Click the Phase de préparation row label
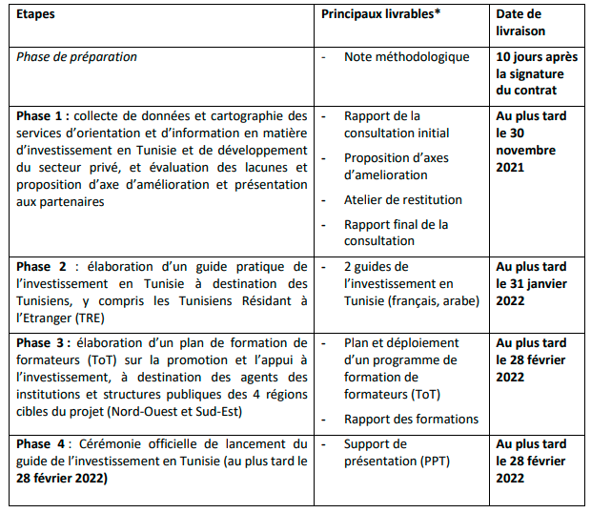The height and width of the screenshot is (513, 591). (x=76, y=57)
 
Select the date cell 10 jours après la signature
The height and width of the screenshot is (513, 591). (x=537, y=73)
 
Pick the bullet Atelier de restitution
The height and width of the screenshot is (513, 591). (x=403, y=199)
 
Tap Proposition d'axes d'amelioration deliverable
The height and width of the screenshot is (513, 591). (x=397, y=167)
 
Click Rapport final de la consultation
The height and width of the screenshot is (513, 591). (x=396, y=233)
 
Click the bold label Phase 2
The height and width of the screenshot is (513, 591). (x=44, y=266)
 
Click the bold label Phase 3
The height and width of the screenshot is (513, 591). (x=44, y=342)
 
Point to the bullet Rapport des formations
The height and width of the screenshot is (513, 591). (x=411, y=419)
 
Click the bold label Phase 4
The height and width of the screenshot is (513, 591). (x=44, y=444)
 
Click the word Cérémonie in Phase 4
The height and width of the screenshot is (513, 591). (x=116, y=444)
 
